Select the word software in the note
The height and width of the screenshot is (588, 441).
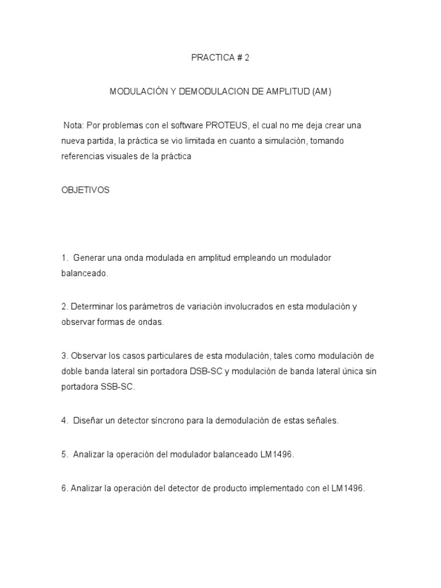(186, 125)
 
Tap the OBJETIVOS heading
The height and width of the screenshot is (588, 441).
(85, 190)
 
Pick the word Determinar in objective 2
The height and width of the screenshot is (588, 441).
(91, 307)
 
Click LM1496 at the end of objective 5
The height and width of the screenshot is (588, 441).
(275, 454)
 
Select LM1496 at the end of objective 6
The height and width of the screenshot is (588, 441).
(346, 488)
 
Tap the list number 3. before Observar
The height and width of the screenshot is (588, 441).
(65, 356)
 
